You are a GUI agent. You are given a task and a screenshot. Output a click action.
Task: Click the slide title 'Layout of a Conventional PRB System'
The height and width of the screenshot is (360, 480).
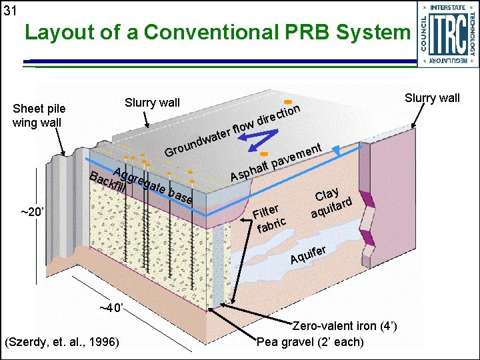click(x=216, y=33)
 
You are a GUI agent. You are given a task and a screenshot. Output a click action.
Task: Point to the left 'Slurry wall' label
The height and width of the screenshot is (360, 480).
click(x=152, y=103)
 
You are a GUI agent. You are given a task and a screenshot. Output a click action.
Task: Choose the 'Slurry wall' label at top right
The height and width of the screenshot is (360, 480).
click(x=432, y=99)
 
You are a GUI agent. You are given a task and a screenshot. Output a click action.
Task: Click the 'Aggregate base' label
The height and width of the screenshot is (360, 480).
click(x=153, y=185)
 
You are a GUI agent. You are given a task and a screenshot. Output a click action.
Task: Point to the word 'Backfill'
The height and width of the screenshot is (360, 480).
click(x=109, y=183)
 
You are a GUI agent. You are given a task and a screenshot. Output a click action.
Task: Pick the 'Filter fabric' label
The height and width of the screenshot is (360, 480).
click(x=271, y=218)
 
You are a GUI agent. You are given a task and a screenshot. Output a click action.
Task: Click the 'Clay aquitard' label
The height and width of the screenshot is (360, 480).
click(x=331, y=204)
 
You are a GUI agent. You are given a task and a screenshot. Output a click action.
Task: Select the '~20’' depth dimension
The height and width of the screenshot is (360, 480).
click(x=33, y=212)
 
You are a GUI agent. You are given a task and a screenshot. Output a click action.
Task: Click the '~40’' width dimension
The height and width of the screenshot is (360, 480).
click(x=111, y=308)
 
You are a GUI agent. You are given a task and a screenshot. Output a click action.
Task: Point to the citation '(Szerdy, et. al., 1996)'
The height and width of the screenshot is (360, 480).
click(x=62, y=342)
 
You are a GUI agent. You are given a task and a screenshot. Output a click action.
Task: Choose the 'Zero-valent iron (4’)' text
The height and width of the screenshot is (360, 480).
click(x=345, y=326)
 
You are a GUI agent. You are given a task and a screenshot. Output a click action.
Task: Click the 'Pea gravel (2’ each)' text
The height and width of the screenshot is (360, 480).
click(x=311, y=342)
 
